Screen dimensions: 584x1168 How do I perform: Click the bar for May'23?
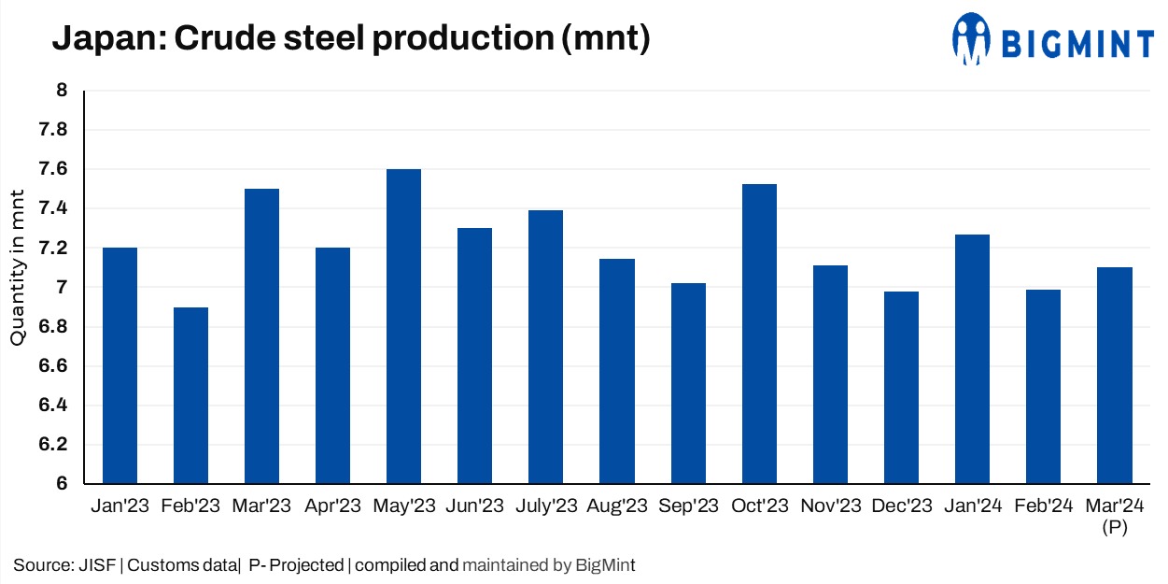[x=404, y=326]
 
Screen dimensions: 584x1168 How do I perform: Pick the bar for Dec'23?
[x=901, y=388]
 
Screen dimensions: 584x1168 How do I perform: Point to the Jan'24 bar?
[x=972, y=359]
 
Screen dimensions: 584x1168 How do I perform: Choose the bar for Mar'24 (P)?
[x=1114, y=376]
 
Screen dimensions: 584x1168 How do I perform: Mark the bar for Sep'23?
[x=688, y=383]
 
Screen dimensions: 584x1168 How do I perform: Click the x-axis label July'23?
[x=546, y=506]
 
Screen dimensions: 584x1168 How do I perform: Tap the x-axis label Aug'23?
[x=617, y=506]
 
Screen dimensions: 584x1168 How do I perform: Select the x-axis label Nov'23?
[x=830, y=506]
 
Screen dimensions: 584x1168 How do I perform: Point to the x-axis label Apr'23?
[x=333, y=506]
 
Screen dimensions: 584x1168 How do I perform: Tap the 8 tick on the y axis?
[x=62, y=91]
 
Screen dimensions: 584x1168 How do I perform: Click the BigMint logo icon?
[x=971, y=39]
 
